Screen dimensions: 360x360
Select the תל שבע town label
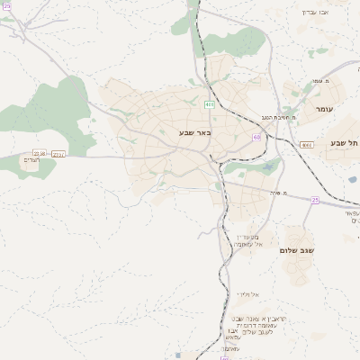pos(345,142)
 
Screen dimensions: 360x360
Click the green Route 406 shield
pos(210,104)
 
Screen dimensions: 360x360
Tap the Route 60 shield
pos(256,137)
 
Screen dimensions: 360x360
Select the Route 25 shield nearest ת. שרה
pos(315,200)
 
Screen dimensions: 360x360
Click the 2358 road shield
pos(39,154)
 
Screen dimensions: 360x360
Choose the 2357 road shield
pos(58,154)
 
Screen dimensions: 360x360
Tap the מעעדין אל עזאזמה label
pos(246,239)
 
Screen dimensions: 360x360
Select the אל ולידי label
pos(247,294)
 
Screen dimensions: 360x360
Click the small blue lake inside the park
pos(267,166)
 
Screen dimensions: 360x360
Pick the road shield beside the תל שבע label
pos(307,144)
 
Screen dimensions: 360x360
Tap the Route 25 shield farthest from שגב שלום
pos(6,6)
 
